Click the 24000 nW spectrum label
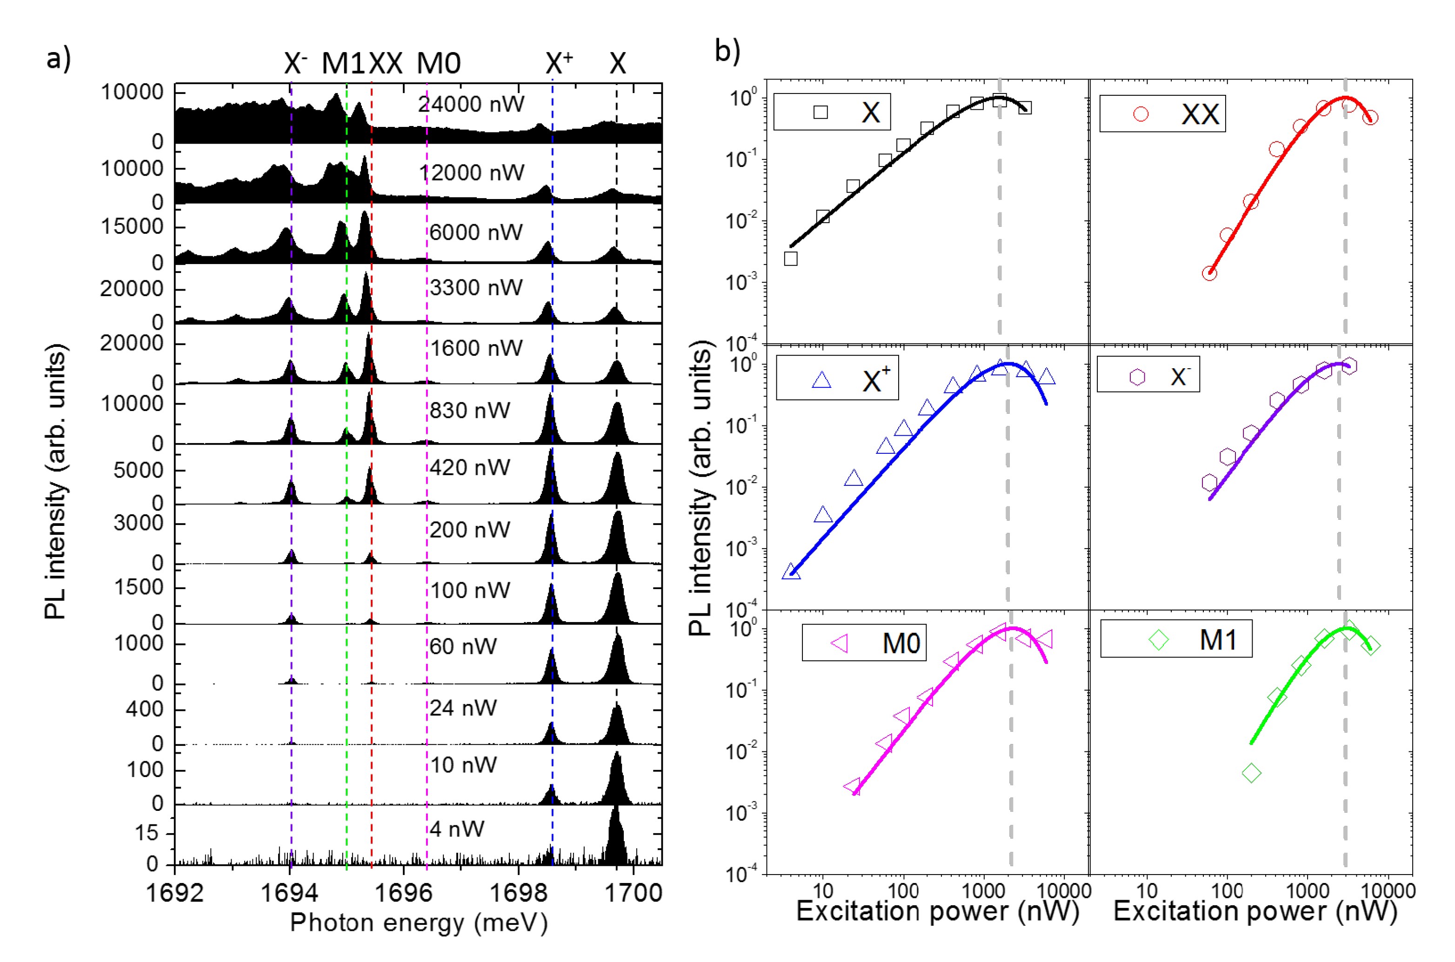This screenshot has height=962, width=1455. pos(471,104)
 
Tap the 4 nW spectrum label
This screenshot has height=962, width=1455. pos(457,829)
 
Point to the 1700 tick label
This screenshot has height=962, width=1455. pos(633,893)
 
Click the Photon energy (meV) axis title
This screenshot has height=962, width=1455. pos(419,923)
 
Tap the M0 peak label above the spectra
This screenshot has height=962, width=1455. pos(438,63)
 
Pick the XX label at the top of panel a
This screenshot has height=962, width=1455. pos(386,63)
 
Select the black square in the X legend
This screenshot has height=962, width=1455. pos(820,112)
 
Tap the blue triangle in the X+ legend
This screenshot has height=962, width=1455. pos(821,380)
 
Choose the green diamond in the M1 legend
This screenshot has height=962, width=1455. pos(1159,640)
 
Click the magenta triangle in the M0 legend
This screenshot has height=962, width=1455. pos(840,643)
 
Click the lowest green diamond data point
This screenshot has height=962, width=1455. pos(1251,773)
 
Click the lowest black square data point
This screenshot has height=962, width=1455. pos(791,259)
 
